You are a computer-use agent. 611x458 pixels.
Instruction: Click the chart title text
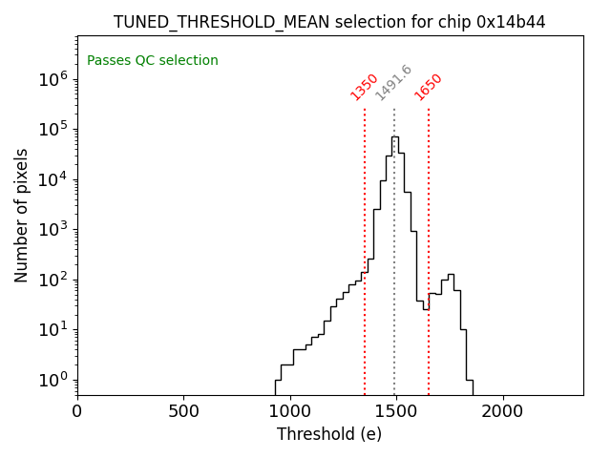click(x=329, y=22)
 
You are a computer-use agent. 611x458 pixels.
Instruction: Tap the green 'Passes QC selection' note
click(x=153, y=61)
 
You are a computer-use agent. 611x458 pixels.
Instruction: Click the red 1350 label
click(x=365, y=87)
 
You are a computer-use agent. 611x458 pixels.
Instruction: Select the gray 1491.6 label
click(x=393, y=83)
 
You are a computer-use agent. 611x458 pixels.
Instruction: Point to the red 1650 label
click(x=429, y=87)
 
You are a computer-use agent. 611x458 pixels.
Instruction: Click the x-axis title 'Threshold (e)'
click(x=329, y=434)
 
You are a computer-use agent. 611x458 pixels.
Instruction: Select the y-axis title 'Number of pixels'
click(x=22, y=216)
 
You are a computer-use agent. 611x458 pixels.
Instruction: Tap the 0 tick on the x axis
click(x=77, y=412)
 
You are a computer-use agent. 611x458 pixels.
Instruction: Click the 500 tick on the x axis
click(x=183, y=412)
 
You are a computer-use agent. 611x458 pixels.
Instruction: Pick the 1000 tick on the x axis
click(x=289, y=412)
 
